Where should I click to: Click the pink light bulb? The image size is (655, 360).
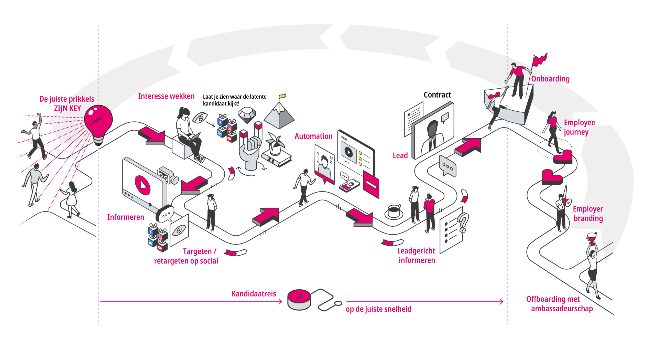tap(98, 120)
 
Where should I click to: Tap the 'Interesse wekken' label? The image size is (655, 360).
tap(166, 96)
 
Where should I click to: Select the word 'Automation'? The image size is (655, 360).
tap(313, 136)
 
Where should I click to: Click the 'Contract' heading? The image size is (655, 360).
tap(437, 95)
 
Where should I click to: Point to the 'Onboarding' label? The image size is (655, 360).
tap(550, 79)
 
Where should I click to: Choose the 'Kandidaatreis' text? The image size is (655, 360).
tap(254, 294)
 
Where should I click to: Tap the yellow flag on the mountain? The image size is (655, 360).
tap(282, 96)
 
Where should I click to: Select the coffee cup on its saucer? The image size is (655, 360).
tap(394, 212)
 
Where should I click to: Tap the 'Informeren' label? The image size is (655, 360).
tap(126, 217)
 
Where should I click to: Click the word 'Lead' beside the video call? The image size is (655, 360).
tap(400, 156)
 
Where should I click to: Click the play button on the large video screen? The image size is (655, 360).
tap(142, 185)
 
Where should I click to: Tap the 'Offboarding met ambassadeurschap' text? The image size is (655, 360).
tap(560, 304)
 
